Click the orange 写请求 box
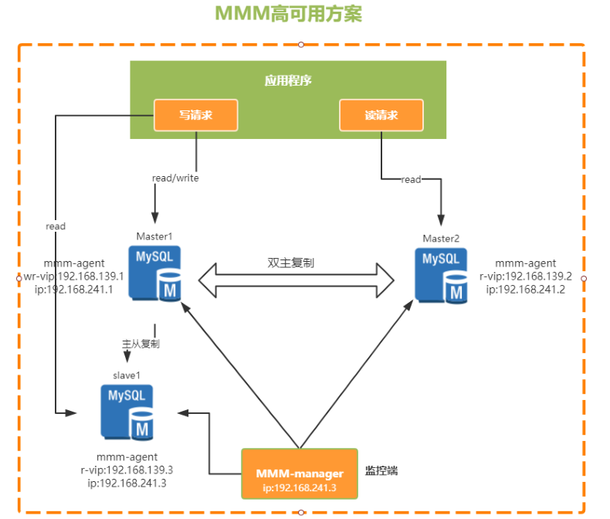tap(195, 115)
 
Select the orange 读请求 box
tap(381, 115)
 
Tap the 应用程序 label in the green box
tap(287, 80)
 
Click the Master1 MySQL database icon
tap(155, 273)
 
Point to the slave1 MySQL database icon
tap(127, 412)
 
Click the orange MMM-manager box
tap(300, 473)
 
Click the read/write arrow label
tap(176, 178)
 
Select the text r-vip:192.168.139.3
tap(126, 470)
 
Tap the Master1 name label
tap(154, 236)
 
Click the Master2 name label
tap(441, 237)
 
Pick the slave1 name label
tap(128, 375)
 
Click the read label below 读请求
tap(411, 179)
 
